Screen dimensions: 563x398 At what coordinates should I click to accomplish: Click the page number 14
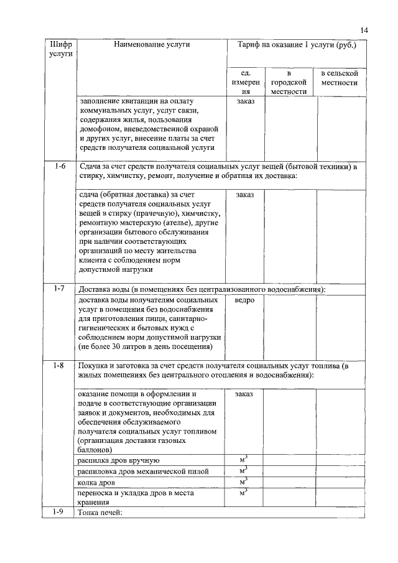tap(364, 30)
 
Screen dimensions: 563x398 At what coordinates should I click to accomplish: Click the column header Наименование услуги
tap(151, 45)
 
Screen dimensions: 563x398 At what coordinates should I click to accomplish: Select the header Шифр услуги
tap(60, 50)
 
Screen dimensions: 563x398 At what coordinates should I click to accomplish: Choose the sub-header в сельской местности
tap(340, 78)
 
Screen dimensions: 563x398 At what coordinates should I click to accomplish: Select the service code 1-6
tap(60, 167)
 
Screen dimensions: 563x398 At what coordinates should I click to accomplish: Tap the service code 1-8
tap(60, 366)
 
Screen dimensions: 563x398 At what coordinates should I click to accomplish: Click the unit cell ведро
tap(245, 300)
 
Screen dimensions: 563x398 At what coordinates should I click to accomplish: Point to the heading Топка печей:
tap(99, 513)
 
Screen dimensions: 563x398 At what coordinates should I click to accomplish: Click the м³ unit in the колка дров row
tap(244, 482)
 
